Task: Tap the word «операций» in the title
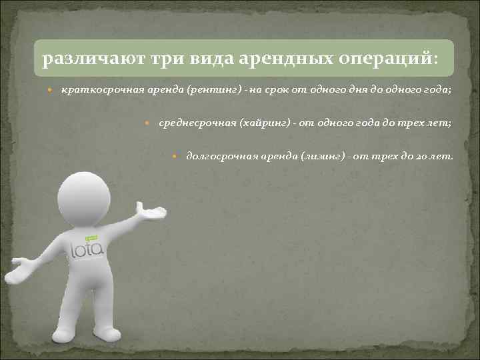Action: (395, 60)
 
